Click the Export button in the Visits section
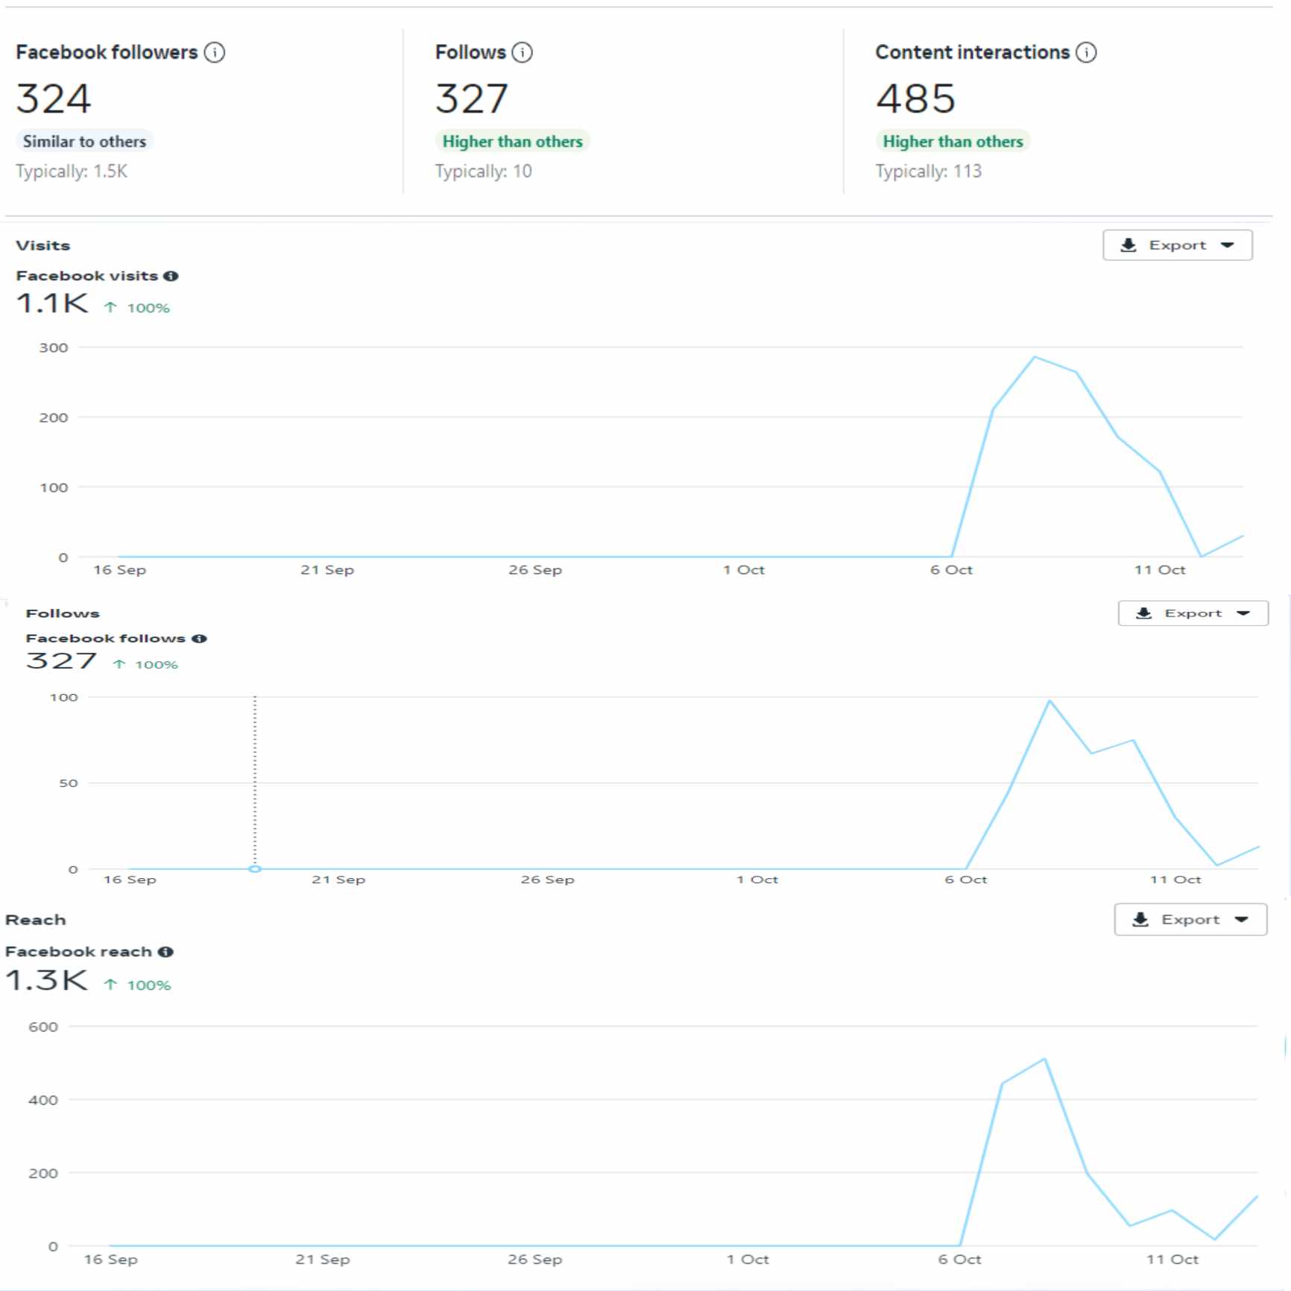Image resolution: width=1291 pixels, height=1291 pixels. click(1177, 245)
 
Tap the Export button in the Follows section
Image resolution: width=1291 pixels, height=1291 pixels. click(1193, 613)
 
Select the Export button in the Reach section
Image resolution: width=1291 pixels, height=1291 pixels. click(1190, 920)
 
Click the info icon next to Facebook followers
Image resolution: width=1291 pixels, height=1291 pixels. click(215, 53)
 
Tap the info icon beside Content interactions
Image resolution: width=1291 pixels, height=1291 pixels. click(1086, 53)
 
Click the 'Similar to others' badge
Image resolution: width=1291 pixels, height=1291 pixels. click(84, 142)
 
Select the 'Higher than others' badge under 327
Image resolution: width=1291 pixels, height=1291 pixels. click(512, 142)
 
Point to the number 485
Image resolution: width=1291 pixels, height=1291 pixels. click(915, 99)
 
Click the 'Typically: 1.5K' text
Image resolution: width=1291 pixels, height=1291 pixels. click(72, 171)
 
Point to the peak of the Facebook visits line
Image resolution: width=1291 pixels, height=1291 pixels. click(1035, 357)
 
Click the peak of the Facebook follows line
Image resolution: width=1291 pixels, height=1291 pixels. click(1049, 701)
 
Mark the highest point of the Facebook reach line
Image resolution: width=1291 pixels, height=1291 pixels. click(1044, 1058)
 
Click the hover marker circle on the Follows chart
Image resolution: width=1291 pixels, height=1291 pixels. click(255, 869)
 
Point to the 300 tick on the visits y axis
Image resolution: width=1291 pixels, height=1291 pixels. click(54, 348)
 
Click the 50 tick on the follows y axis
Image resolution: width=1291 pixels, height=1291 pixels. click(68, 783)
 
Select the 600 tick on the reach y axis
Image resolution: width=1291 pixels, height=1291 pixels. click(43, 1027)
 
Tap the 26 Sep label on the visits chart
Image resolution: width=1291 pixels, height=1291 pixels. click(535, 570)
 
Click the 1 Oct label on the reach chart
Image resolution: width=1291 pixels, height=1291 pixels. click(748, 1260)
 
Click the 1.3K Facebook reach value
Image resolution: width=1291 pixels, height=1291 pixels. click(46, 981)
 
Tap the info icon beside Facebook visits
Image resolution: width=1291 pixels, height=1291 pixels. click(171, 277)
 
